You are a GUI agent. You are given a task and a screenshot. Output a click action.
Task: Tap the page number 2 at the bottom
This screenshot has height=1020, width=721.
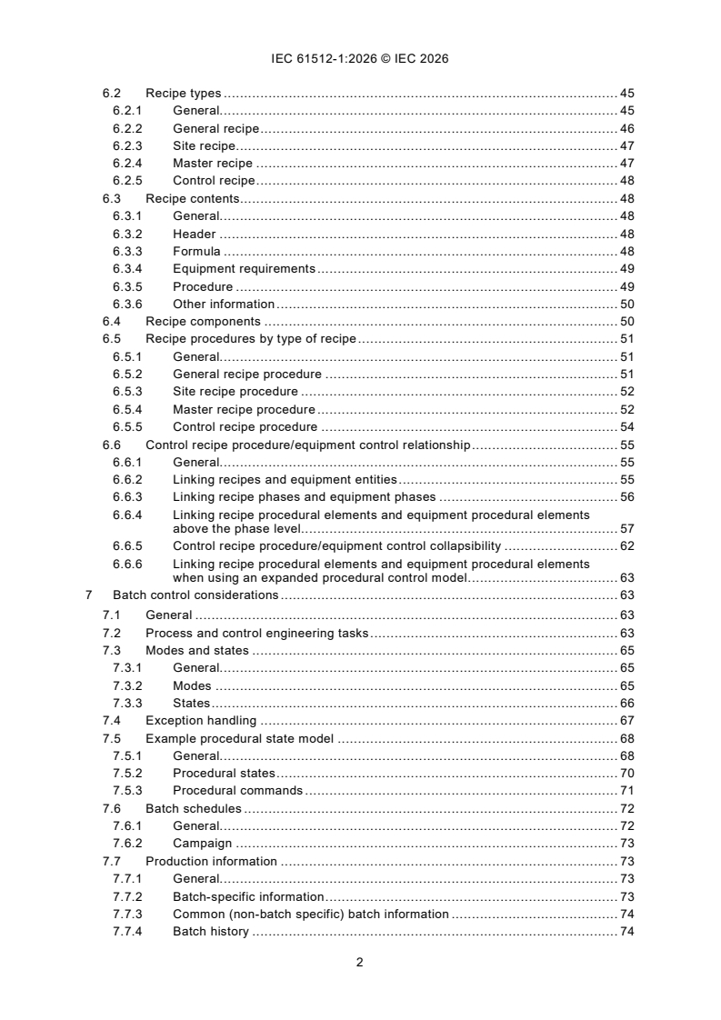click(360, 963)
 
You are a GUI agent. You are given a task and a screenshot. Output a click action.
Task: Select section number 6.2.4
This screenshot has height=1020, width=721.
click(127, 164)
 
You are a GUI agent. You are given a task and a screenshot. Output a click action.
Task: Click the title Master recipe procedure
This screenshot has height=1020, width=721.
click(244, 410)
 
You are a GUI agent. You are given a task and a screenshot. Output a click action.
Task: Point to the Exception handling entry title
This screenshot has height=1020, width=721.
click(201, 721)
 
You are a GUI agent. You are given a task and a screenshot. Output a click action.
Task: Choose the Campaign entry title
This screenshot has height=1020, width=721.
click(202, 844)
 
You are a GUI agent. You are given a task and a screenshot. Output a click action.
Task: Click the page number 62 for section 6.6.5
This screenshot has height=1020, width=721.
click(626, 546)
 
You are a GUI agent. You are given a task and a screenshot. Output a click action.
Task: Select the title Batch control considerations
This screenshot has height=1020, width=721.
click(195, 595)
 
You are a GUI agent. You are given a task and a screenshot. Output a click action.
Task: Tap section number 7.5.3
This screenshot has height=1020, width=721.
click(127, 791)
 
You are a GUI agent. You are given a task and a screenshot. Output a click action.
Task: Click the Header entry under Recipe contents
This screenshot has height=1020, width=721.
click(194, 234)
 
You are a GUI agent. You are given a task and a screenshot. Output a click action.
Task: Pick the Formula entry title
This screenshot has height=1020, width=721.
click(196, 252)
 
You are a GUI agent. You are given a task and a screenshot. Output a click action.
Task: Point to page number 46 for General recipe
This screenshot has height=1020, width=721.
click(626, 129)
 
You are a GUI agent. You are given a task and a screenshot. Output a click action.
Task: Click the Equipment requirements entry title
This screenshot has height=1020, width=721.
click(244, 269)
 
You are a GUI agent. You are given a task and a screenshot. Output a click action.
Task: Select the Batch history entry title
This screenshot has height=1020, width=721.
click(210, 932)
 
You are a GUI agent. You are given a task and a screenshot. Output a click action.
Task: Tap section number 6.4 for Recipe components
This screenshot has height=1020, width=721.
click(112, 322)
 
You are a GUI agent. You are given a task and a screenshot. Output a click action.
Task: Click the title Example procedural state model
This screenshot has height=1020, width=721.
click(239, 738)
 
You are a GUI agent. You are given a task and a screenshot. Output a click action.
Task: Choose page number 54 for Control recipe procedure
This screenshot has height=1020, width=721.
click(626, 427)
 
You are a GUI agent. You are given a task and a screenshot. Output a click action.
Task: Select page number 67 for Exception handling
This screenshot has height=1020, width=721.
click(626, 721)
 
